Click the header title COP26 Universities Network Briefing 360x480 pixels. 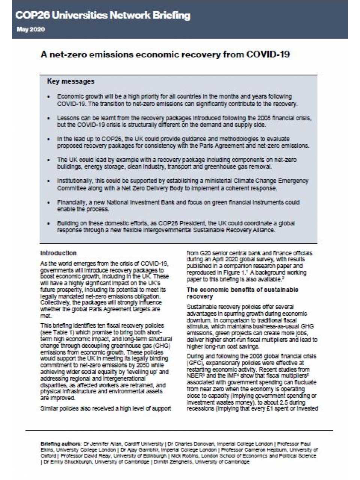click(103, 15)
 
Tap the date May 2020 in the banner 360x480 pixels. click(31, 30)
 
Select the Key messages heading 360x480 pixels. click(70, 81)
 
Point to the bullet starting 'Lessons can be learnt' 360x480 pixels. click(184, 121)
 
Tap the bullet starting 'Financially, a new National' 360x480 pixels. click(178, 205)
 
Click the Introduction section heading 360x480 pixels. click(58, 253)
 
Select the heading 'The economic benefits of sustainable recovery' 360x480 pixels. click(242, 293)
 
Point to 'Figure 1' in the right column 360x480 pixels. click(239, 273)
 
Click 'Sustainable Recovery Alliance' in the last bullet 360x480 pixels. click(234, 230)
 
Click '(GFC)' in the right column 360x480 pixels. click(195, 363)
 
